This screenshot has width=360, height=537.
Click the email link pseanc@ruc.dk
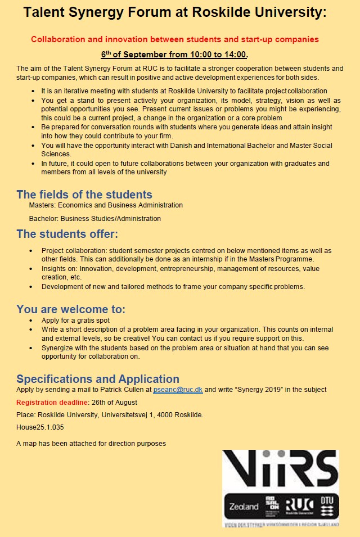pyautogui.click(x=178, y=390)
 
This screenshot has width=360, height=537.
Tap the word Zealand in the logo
pyautogui.click(x=244, y=506)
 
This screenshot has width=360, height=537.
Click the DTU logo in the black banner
pyautogui.click(x=326, y=506)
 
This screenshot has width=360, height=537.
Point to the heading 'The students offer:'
pyautogui.click(x=67, y=234)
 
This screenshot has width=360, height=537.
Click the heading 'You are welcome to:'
pyautogui.click(x=71, y=309)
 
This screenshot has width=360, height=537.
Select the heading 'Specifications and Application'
pyautogui.click(x=98, y=379)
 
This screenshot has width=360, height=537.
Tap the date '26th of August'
pyautogui.click(x=115, y=403)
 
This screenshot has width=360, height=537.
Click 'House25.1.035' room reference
pyautogui.click(x=40, y=427)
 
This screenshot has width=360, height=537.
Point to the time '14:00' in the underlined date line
pyautogui.click(x=235, y=55)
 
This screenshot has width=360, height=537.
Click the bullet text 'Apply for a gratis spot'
pyautogui.click(x=75, y=321)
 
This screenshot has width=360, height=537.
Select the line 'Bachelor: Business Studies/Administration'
pyautogui.click(x=95, y=219)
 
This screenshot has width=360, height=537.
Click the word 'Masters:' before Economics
pyautogui.click(x=43, y=205)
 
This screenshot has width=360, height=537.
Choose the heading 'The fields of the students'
pyautogui.click(x=84, y=195)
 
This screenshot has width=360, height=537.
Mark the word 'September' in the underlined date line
pyautogui.click(x=147, y=55)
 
